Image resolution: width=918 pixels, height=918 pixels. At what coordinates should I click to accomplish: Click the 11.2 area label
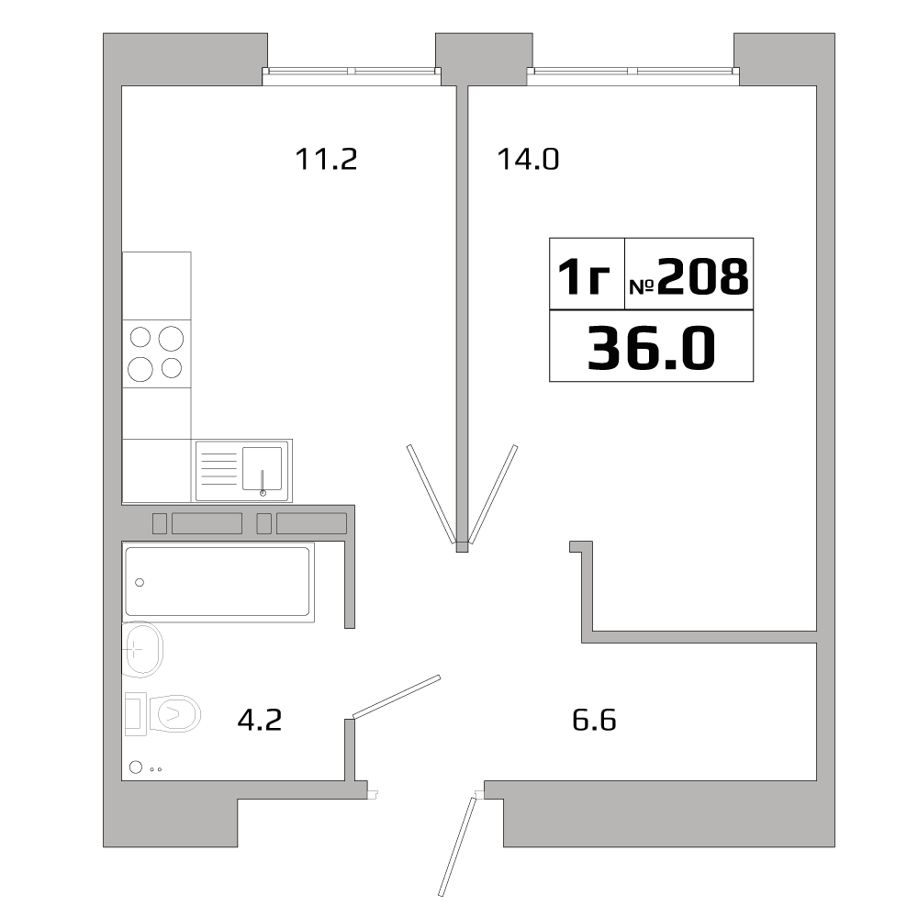[325, 160]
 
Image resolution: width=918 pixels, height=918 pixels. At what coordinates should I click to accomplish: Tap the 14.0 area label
[528, 160]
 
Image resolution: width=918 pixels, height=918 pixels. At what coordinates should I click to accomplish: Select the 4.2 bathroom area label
[259, 720]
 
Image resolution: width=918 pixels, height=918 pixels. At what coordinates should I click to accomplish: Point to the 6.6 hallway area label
[594, 720]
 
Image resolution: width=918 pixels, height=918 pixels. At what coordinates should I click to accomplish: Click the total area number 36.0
[650, 348]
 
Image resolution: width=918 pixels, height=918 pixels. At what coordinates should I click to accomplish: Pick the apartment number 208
[688, 276]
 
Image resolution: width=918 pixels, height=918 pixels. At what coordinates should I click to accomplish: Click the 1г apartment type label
[585, 276]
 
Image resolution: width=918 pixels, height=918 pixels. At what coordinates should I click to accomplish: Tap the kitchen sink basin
[262, 468]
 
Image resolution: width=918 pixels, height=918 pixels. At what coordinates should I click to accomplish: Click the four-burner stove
[157, 353]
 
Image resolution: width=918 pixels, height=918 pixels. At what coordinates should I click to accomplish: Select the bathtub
[218, 581]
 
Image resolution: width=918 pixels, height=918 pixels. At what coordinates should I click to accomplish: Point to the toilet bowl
[176, 713]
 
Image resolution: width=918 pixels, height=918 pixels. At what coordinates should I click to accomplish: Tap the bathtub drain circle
[140, 582]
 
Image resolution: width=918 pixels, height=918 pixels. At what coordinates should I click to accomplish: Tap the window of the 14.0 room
[633, 73]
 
